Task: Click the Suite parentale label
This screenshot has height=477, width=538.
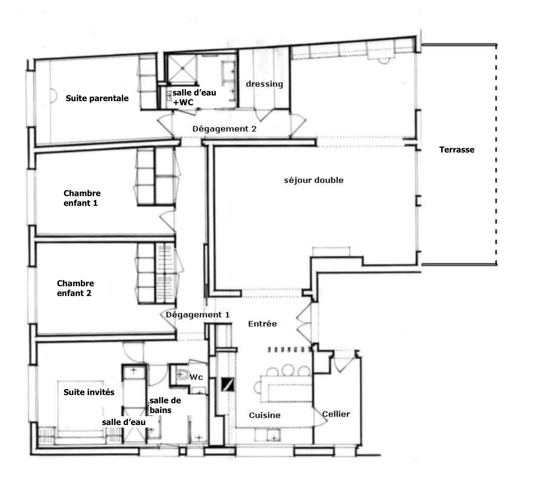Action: click(97, 98)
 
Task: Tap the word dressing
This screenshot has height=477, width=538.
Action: click(264, 84)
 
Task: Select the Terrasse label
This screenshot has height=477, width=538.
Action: click(457, 150)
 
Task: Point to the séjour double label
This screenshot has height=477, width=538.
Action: click(314, 180)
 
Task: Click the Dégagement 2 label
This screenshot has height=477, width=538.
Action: click(224, 129)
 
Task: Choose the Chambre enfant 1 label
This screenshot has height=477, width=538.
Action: click(82, 198)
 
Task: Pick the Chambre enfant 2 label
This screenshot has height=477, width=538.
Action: click(75, 288)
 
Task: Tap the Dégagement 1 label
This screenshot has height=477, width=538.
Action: click(197, 315)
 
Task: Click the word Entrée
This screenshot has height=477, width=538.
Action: click(262, 324)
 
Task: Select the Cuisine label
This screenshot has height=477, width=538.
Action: click(265, 415)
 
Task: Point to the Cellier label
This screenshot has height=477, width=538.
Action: click(336, 414)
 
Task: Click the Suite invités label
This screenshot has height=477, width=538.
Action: click(89, 392)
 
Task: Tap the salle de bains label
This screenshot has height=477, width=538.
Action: click(165, 405)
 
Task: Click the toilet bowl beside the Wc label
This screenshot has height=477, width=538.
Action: click(181, 375)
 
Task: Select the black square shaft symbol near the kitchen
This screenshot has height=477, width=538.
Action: click(227, 384)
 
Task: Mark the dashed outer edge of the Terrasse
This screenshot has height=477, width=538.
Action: click(496, 154)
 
